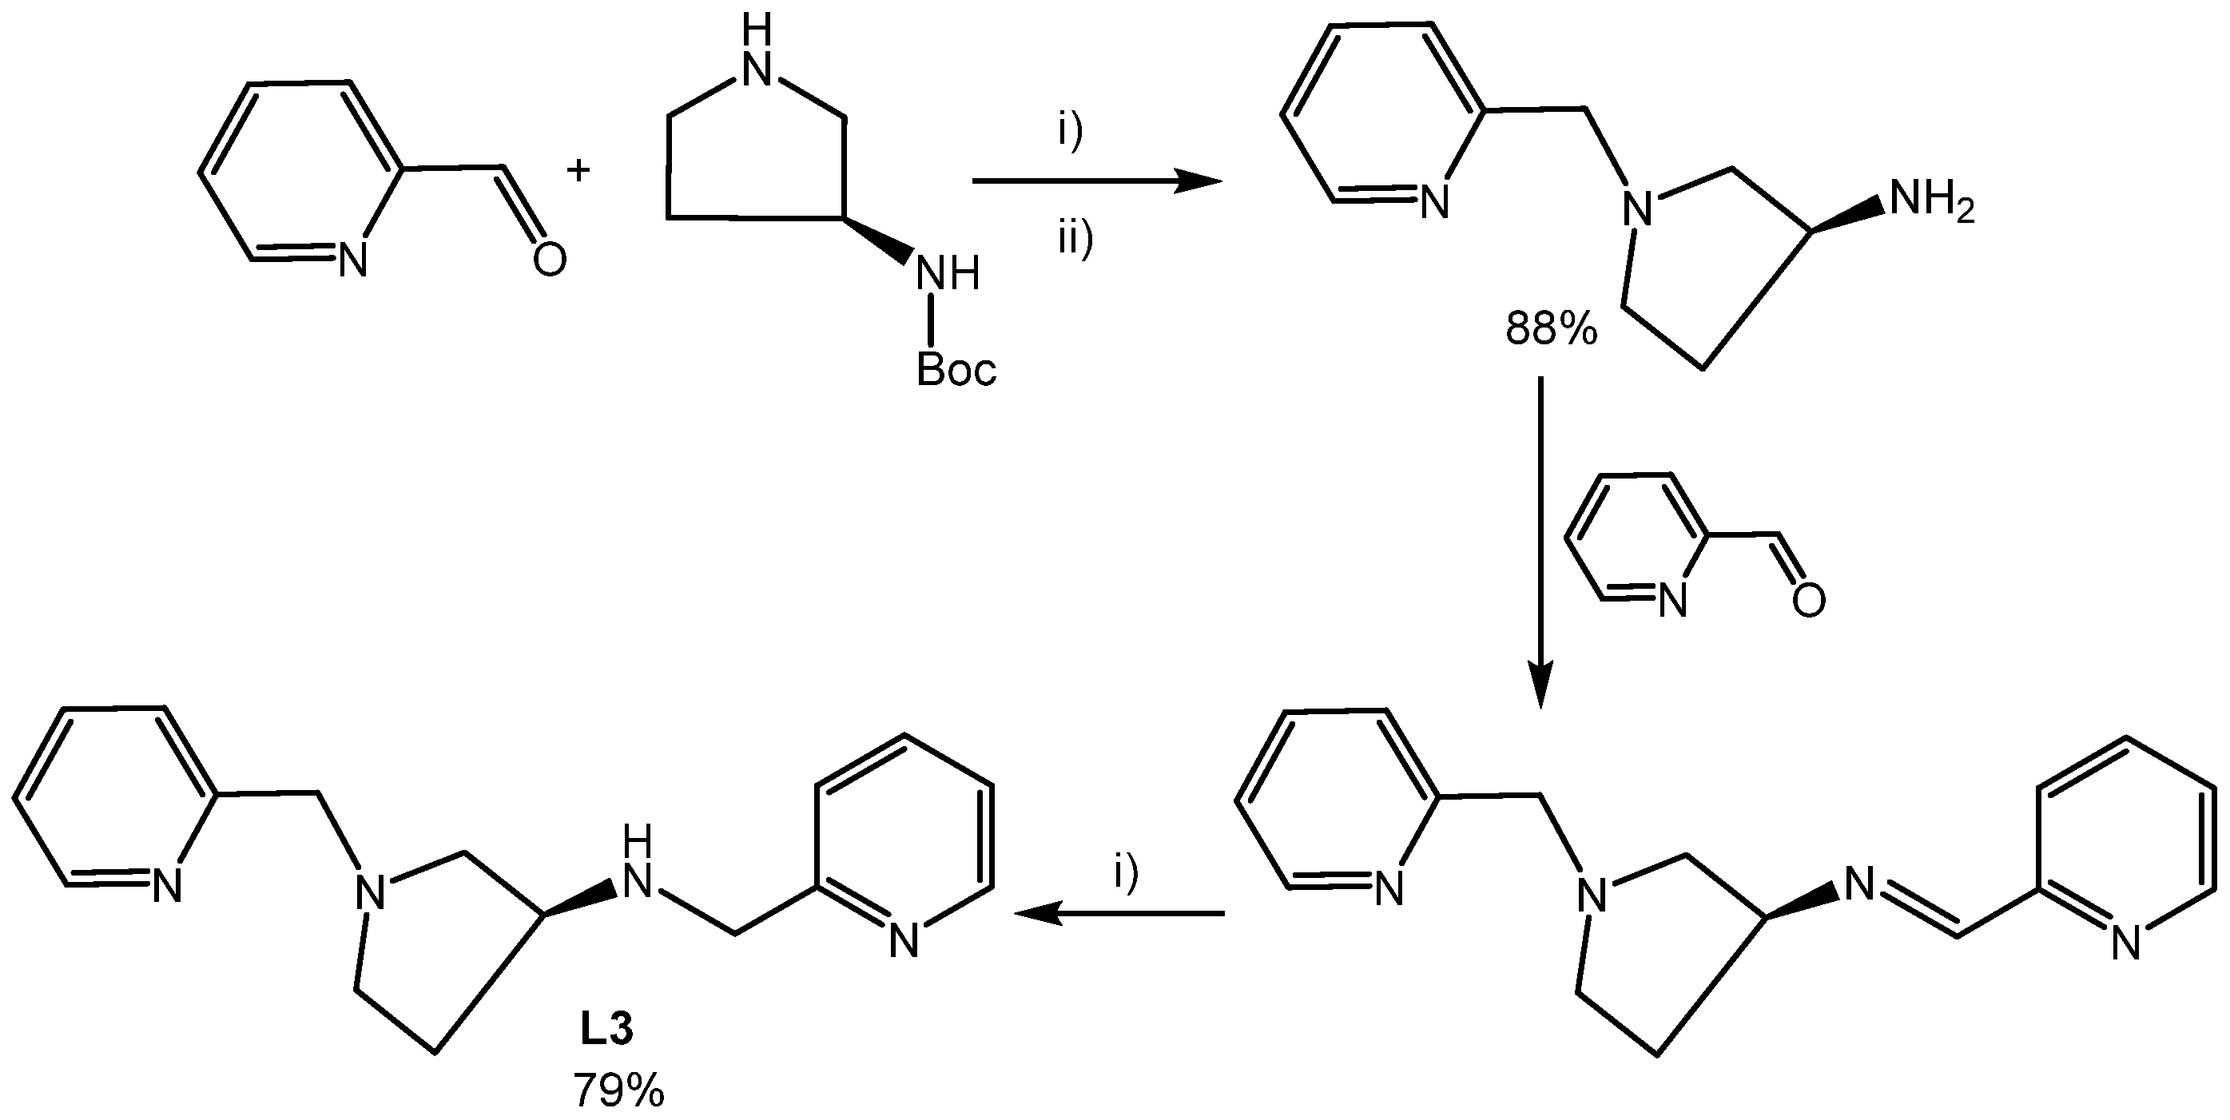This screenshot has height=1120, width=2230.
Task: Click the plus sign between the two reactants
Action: [578, 170]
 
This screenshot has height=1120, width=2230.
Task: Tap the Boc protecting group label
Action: [956, 371]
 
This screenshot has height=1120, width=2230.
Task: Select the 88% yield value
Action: [1552, 331]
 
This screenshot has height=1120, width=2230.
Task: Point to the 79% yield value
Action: [618, 1090]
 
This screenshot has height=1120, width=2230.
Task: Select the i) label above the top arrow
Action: [1071, 133]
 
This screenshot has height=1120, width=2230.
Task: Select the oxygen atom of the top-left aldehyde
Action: [549, 259]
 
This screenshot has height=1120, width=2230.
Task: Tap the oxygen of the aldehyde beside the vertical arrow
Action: [1808, 601]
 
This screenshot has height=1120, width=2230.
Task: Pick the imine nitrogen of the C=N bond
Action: [1858, 884]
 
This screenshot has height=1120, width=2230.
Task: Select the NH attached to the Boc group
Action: [948, 273]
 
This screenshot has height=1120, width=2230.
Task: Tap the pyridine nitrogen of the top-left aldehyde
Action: [352, 259]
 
